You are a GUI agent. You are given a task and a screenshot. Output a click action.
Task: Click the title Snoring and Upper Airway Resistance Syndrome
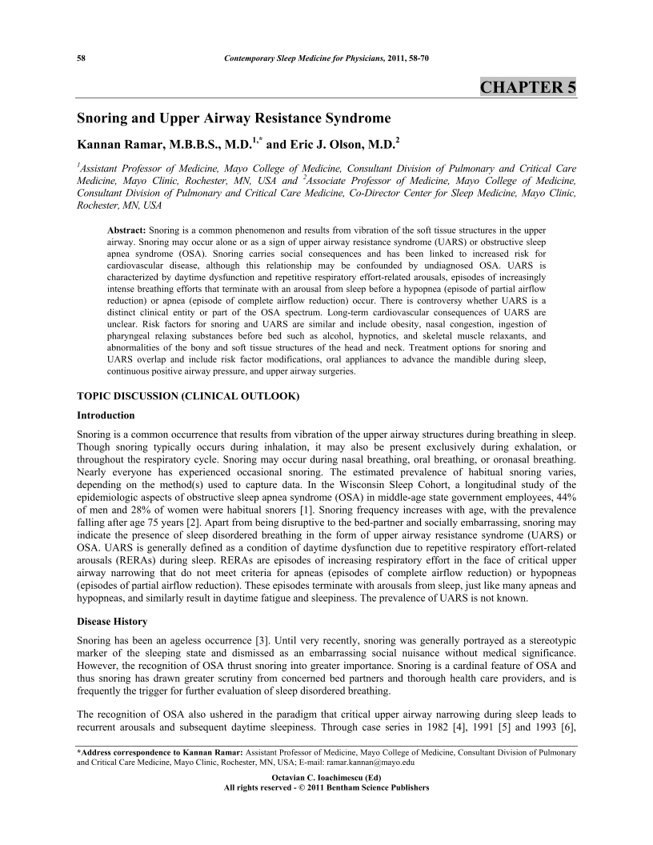(233, 118)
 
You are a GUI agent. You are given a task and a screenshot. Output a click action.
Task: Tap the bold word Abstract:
(127, 230)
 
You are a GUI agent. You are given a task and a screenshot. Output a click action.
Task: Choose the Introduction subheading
(106, 415)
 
